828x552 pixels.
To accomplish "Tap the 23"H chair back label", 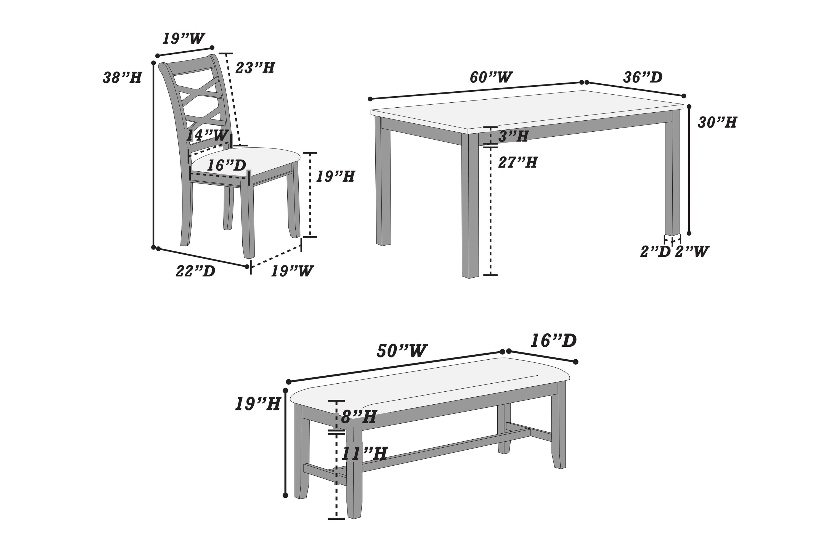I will tap(255, 68).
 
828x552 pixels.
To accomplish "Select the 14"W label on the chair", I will tap(207, 136).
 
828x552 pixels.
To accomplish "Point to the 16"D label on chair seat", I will tap(226, 165).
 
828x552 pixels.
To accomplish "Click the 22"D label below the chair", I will tap(195, 271).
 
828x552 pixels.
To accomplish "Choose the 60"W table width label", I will tap(491, 77).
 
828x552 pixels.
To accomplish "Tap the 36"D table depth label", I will tap(643, 77).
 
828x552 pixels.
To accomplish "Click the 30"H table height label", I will tap(717, 123).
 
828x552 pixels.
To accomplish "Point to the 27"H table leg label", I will tap(517, 163).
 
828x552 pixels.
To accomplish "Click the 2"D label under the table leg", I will tap(655, 252).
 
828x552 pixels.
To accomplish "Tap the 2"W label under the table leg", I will tap(692, 252).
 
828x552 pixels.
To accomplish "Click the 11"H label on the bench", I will tap(364, 454).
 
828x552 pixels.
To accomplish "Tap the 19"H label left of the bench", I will tap(258, 404).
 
